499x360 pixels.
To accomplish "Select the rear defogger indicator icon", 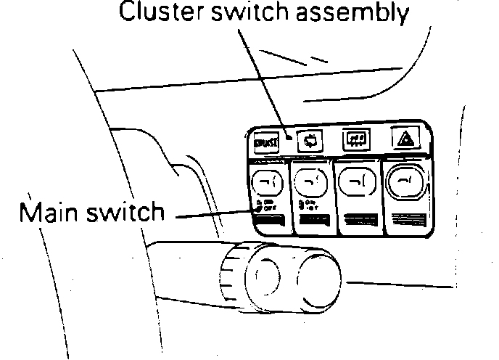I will point(355,137).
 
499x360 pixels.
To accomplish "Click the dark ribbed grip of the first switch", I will point(267,225).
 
